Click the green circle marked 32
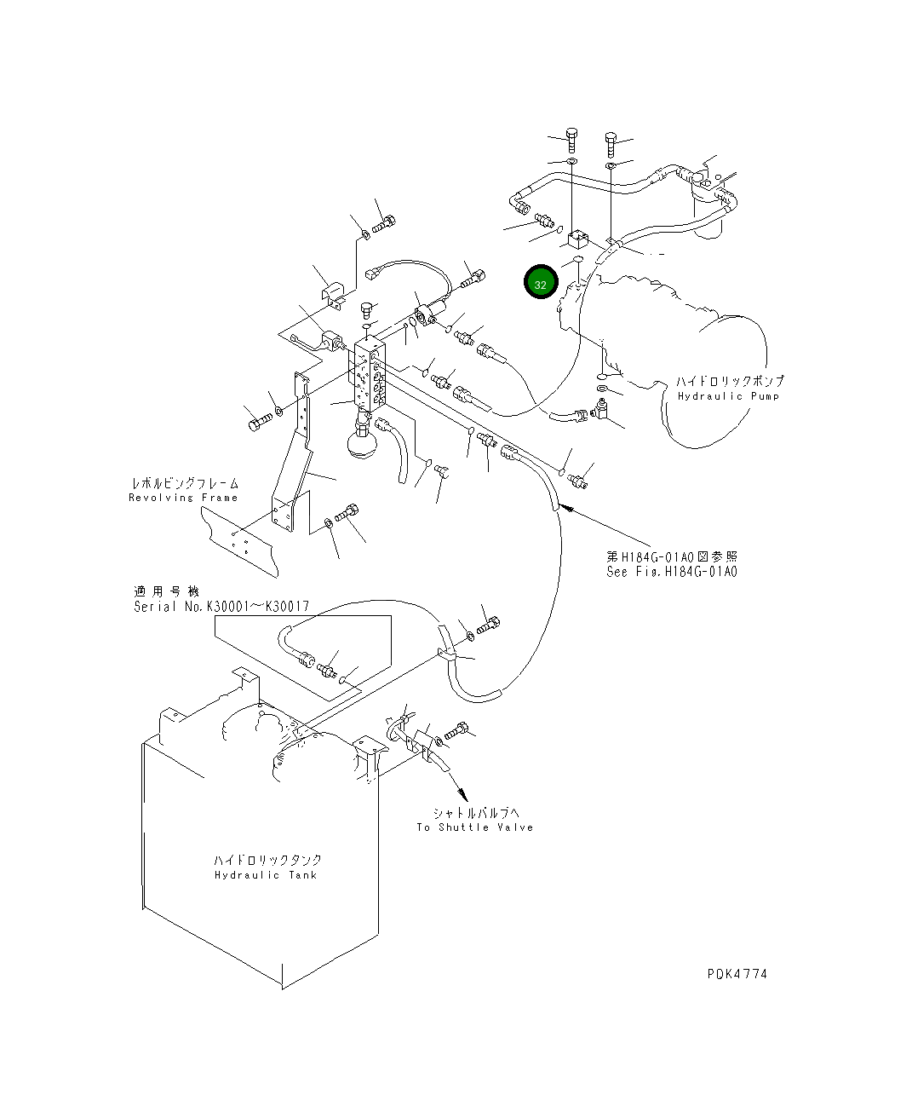540,283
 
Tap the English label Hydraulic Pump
728,396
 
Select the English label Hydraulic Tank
265,875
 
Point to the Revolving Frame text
183,498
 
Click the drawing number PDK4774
736,974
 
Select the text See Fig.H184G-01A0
671,572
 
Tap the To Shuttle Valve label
474,827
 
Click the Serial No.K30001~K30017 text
221,607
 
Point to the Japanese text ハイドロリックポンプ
730,381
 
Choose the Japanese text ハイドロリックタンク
267,860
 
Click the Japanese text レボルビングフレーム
184,483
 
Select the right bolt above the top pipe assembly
611,139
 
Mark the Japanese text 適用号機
165,591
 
